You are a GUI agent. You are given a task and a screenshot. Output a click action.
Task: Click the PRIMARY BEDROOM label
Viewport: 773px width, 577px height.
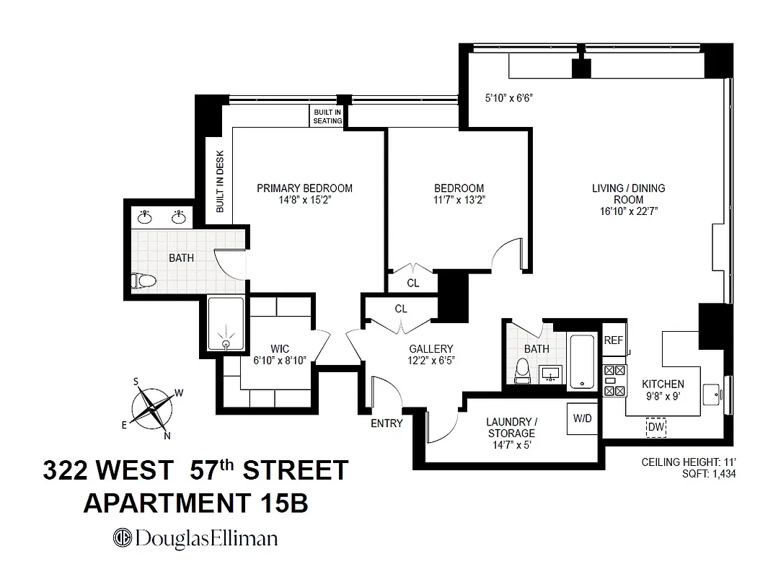[x=304, y=188]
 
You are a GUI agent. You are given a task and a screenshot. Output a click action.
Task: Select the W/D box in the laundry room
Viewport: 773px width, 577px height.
[x=583, y=418]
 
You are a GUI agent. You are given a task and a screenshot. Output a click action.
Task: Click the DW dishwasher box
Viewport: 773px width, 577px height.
[x=655, y=428]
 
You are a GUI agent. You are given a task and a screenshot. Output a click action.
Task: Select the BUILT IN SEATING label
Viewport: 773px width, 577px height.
[x=327, y=117]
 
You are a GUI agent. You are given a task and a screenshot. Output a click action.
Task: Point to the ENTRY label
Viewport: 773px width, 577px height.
[x=386, y=423]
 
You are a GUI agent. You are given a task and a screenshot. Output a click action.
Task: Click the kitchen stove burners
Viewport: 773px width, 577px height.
[x=614, y=381]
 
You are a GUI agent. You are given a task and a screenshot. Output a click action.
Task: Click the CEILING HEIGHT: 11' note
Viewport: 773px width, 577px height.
[x=689, y=462]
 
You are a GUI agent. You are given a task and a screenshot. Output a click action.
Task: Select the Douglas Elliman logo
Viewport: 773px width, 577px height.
[x=195, y=538]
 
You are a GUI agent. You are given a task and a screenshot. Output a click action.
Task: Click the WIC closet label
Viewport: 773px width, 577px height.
[x=280, y=349]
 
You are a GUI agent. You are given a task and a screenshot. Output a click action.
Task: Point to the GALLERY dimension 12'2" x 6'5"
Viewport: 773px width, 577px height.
[x=431, y=361]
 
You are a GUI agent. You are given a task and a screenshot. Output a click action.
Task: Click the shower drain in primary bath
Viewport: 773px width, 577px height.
[x=227, y=345]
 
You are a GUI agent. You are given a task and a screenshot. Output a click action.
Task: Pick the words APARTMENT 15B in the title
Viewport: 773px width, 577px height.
[x=195, y=503]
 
